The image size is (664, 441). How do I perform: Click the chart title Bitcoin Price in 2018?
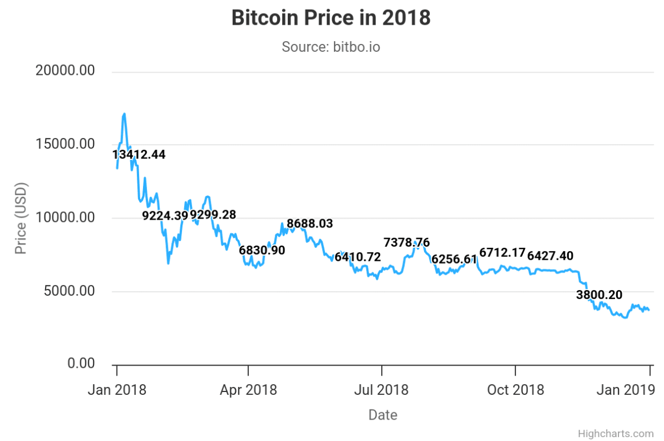[x=331, y=18]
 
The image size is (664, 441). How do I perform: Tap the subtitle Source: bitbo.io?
[x=331, y=47]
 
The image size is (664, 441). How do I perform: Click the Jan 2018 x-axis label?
[x=117, y=390]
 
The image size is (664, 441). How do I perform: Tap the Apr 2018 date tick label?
[x=248, y=390]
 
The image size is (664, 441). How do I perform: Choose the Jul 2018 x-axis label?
[x=382, y=390]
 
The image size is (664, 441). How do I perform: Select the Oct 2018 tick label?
[x=515, y=390]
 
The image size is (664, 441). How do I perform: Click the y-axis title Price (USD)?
[x=21, y=218]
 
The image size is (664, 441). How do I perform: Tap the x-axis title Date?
[x=383, y=416]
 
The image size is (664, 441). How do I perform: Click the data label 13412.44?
[x=139, y=154]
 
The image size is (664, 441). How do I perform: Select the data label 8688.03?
[x=310, y=224]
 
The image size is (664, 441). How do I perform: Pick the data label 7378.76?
[x=407, y=243]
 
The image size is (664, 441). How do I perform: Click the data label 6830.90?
[x=262, y=250]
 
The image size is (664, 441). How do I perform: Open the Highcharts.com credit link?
[x=616, y=434]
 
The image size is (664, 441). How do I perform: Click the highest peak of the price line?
[x=124, y=114]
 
